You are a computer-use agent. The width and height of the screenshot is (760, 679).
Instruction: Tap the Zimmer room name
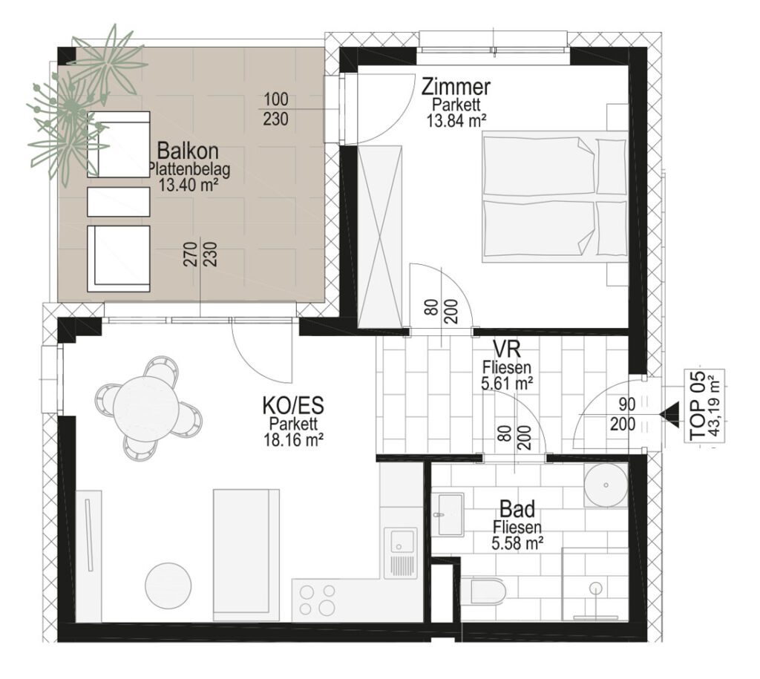point(456,88)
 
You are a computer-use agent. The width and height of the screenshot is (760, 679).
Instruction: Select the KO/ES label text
point(293,405)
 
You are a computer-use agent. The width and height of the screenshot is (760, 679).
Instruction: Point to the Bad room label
point(517,509)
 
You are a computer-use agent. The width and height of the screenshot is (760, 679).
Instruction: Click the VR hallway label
point(507,349)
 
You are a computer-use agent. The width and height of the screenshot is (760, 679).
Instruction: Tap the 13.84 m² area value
point(456,121)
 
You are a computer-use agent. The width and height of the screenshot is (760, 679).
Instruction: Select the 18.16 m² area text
point(294,440)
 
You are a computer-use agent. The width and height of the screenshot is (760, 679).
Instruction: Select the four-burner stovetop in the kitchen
point(317,599)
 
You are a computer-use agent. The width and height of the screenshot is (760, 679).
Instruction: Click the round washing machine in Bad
point(606,485)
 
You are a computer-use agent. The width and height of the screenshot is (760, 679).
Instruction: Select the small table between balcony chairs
point(118,202)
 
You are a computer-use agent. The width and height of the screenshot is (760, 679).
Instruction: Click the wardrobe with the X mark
point(379,237)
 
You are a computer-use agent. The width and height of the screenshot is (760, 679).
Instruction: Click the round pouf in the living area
point(168,585)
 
